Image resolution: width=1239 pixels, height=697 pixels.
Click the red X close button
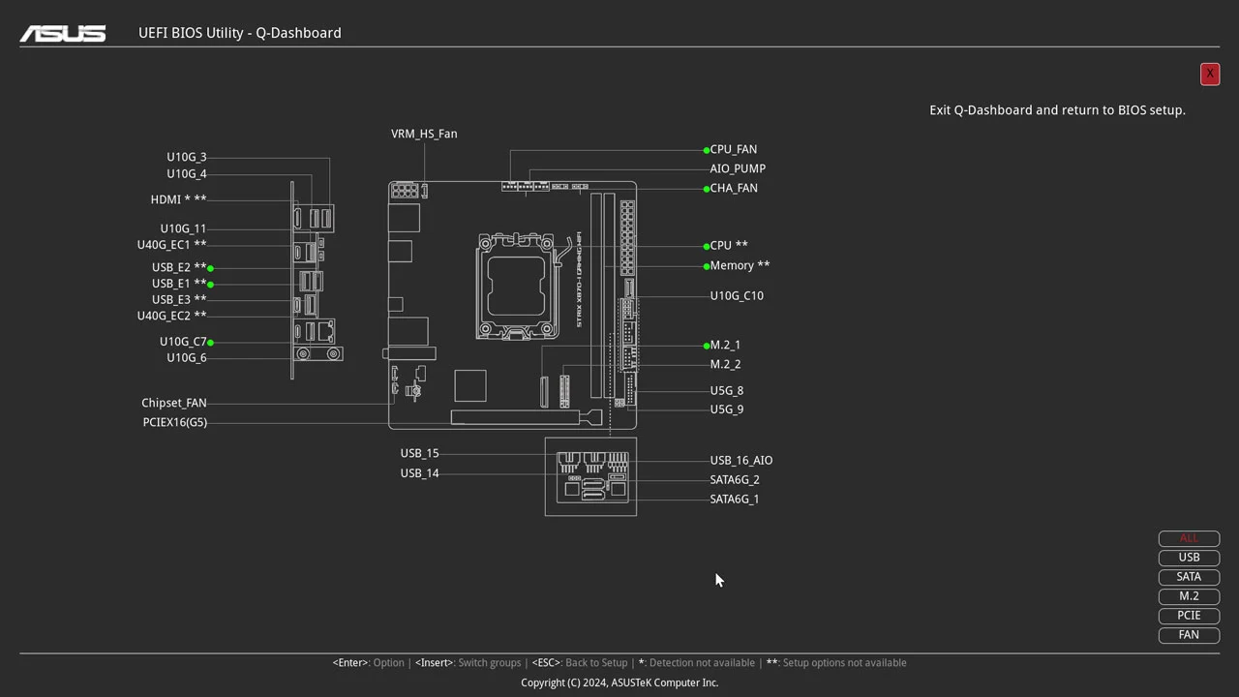coord(1209,74)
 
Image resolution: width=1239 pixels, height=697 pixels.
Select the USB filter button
coord(1189,558)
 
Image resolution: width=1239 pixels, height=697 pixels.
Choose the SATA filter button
coord(1189,577)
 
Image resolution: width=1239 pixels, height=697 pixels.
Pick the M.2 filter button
coord(1189,596)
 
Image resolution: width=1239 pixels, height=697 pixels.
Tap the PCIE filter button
coord(1189,616)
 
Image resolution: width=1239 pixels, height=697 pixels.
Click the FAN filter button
coord(1189,635)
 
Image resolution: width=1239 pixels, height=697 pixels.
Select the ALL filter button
coord(1189,538)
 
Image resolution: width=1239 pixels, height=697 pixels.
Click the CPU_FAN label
coord(734,149)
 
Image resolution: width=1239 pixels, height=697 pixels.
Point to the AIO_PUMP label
coord(738,168)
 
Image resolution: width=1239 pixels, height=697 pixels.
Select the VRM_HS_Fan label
coord(424,134)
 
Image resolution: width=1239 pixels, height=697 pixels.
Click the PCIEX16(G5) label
coord(175,422)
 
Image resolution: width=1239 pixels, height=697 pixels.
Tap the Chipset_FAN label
coord(174,403)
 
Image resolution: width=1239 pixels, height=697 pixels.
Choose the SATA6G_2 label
coord(735,479)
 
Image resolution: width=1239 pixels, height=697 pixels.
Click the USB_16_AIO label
coord(741,460)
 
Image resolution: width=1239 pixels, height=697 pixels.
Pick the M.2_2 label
coord(725,364)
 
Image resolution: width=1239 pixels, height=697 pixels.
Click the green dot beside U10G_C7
coord(210,342)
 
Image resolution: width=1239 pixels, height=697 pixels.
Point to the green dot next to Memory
coord(707,266)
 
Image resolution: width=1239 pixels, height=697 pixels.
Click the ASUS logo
coord(63,33)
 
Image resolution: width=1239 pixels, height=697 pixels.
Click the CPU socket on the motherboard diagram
coord(517,287)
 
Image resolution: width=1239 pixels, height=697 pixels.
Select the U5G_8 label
coord(727,390)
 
